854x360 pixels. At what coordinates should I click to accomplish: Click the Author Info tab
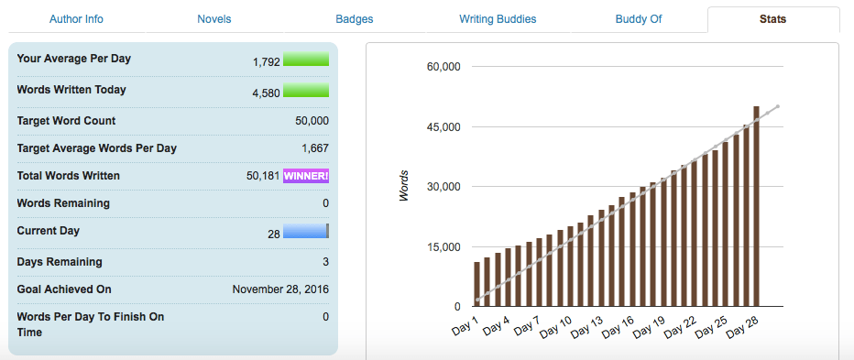pos(75,18)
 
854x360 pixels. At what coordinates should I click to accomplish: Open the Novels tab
pos(214,18)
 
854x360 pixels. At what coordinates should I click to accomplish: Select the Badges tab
pos(355,18)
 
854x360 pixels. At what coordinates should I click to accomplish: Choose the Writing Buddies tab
pos(498,18)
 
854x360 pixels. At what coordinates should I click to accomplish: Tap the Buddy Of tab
pos(639,18)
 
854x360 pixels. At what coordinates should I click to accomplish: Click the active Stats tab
pos(773,18)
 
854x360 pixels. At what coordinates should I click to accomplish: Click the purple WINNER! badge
pos(306,176)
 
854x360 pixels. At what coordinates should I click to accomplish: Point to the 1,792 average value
pos(266,62)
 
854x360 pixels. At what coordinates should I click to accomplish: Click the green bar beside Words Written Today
pos(306,90)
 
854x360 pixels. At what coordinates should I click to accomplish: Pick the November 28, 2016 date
pos(280,289)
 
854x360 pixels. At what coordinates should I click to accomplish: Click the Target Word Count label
pos(66,121)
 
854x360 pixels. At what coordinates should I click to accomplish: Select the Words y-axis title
pos(404,186)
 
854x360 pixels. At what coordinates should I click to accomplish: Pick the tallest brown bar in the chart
pos(757,206)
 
